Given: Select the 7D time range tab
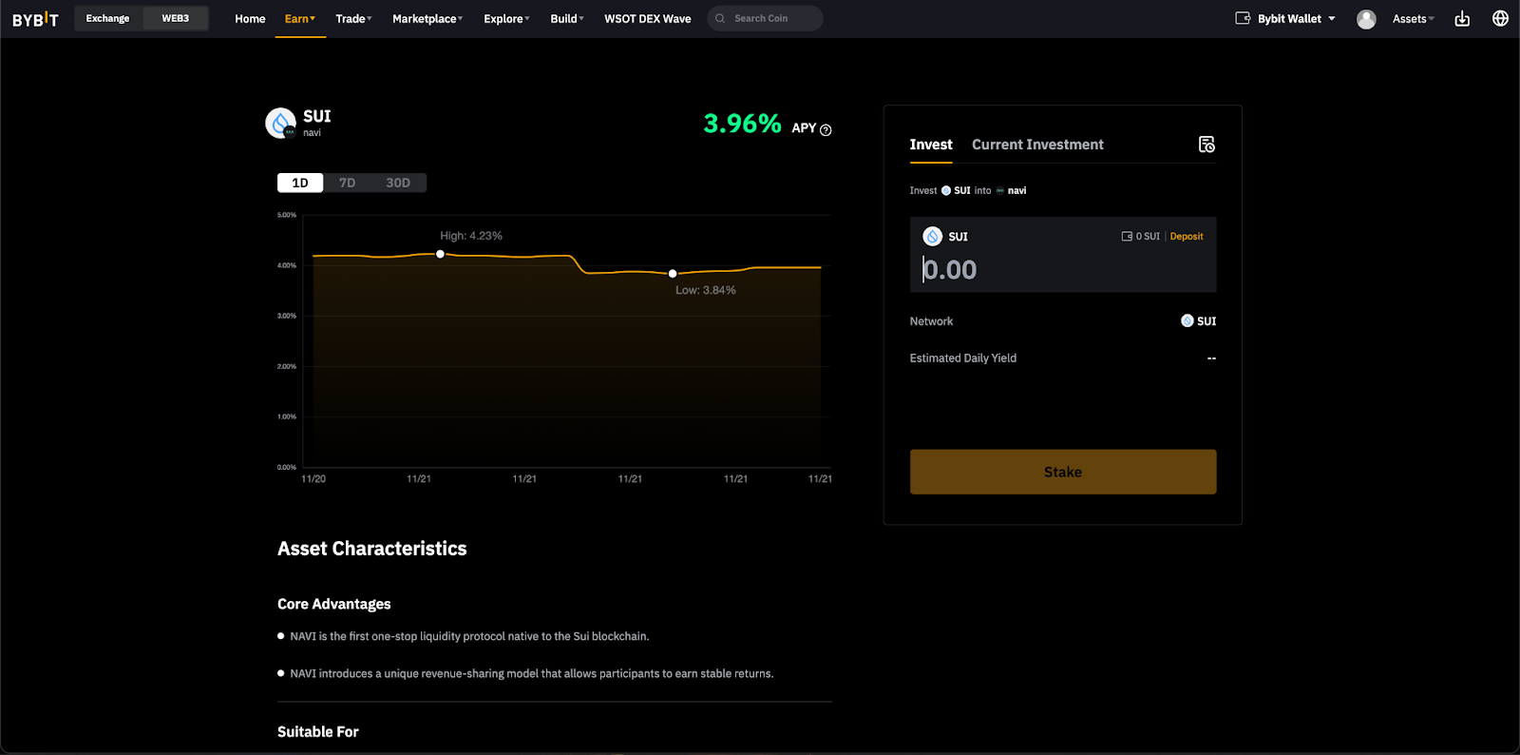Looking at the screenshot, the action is [347, 183].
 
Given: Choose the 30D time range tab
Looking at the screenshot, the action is [398, 183].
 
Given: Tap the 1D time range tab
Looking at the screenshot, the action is [300, 183].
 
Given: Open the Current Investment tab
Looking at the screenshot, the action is [1037, 144].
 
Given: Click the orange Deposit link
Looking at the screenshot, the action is [1187, 236].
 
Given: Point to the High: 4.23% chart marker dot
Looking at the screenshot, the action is [441, 254].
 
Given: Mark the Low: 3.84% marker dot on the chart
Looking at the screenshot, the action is [673, 274].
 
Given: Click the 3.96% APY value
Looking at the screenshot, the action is [742, 124].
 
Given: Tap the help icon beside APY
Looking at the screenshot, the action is [826, 129].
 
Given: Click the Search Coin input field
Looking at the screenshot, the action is [765, 18].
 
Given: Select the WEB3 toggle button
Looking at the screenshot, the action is [175, 18].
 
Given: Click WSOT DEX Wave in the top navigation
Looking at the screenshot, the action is [647, 18].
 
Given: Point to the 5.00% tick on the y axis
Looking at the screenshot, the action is [287, 215].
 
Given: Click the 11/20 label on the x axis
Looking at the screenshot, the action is [313, 478].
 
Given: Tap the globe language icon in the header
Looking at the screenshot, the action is [1500, 18].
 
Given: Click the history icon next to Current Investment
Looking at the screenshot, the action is [1206, 144].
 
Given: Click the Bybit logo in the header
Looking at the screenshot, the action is [35, 19].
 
